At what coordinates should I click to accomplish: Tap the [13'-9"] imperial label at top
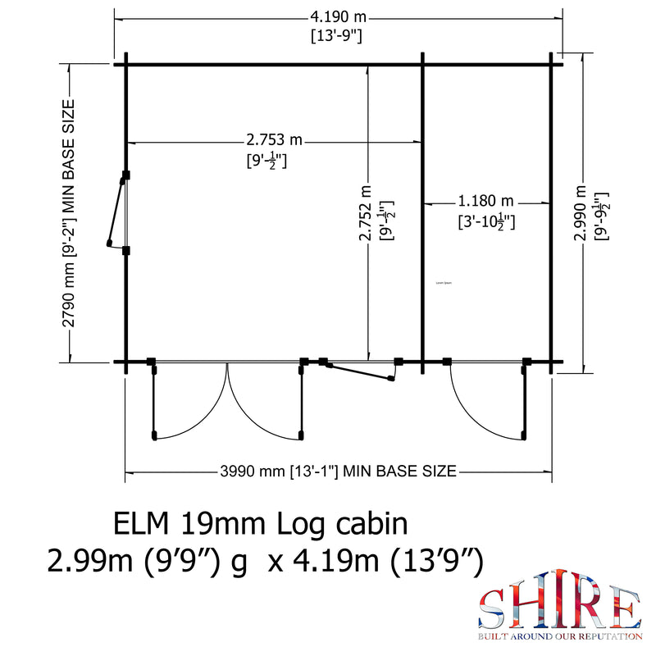click(337, 36)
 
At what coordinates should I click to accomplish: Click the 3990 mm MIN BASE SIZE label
click(338, 471)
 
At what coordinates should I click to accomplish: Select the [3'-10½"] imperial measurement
click(486, 221)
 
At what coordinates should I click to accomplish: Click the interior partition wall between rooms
click(422, 213)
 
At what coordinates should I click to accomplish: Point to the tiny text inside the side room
click(444, 283)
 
